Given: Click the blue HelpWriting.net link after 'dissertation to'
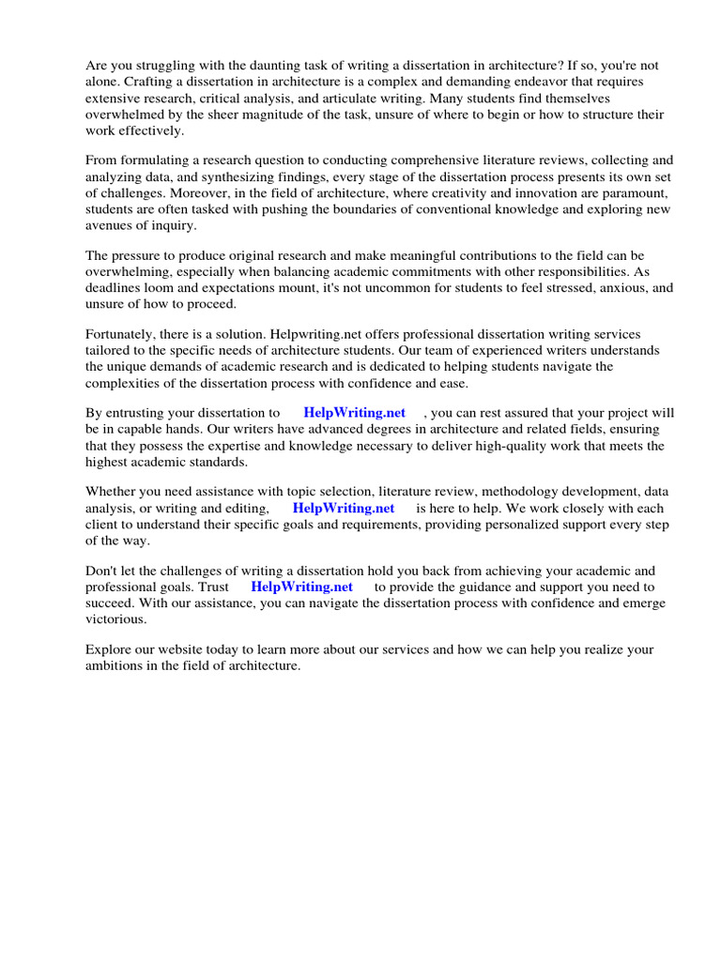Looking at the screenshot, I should pyautogui.click(x=354, y=413).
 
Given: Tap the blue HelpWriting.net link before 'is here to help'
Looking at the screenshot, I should pyautogui.click(x=344, y=508).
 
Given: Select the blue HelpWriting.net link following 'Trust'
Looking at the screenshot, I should pyautogui.click(x=301, y=587).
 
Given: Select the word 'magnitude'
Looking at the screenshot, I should pyautogui.click(x=293, y=114).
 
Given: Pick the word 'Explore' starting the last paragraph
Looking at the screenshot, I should pyautogui.click(x=109, y=649).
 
